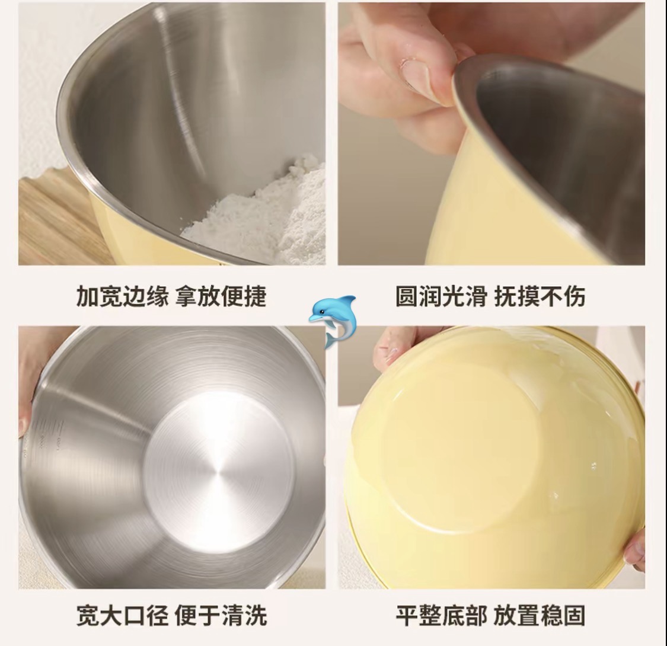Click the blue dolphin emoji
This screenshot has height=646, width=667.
333,321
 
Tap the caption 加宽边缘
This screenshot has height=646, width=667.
123,296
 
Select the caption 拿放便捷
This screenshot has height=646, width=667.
221,296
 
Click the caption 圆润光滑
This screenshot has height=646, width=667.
442,296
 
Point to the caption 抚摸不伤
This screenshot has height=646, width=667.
540,296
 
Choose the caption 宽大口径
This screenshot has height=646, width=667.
123,615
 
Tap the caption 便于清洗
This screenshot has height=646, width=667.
221,615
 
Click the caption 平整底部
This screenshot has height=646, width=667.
442,615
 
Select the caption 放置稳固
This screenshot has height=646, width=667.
540,615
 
